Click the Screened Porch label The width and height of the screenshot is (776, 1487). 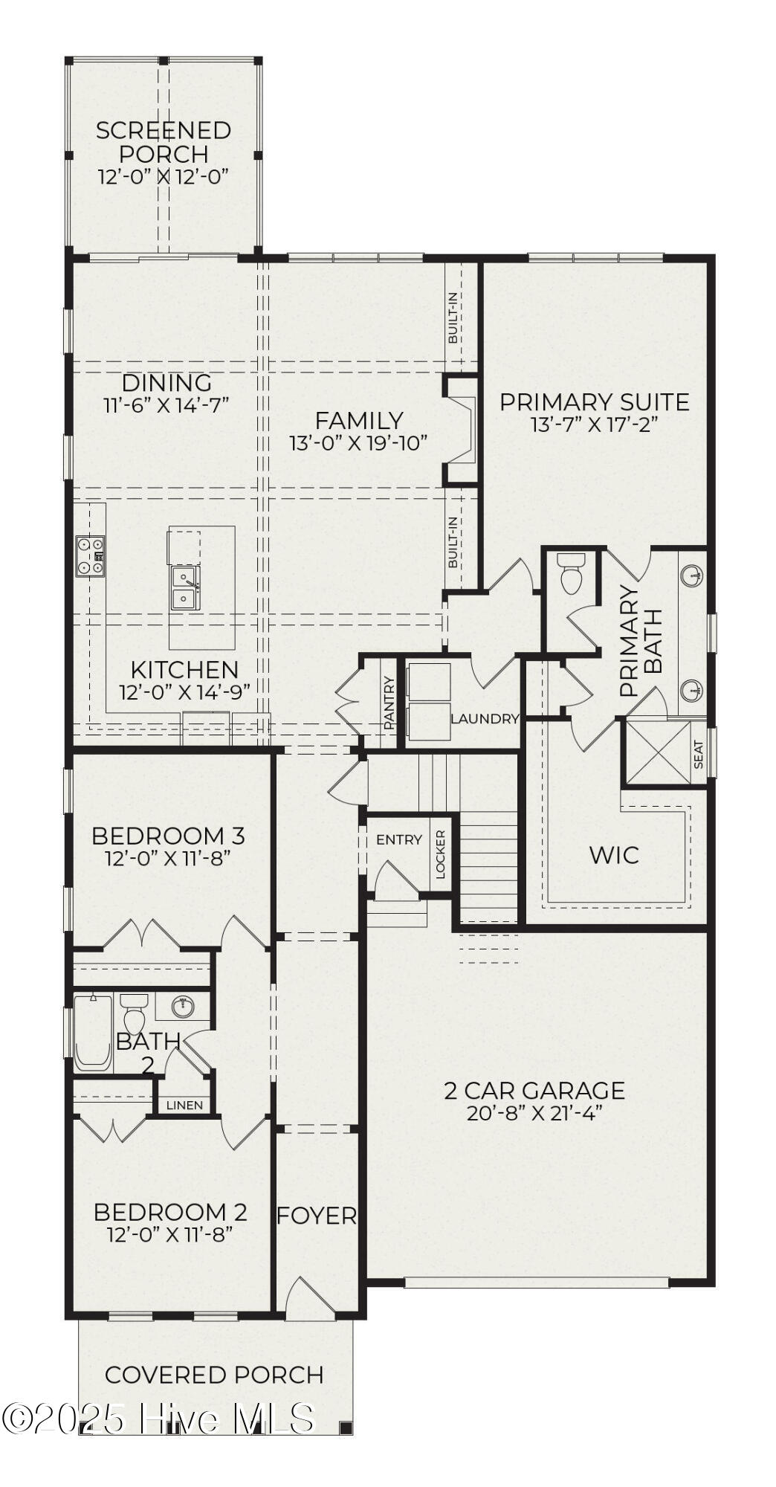164,142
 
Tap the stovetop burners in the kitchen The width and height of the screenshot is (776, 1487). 90,556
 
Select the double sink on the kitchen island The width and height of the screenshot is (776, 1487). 184,587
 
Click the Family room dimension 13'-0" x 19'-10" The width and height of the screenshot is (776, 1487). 358,443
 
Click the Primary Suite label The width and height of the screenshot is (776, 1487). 594,402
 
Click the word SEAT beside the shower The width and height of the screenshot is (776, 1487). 699,755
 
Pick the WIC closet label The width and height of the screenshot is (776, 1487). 614,855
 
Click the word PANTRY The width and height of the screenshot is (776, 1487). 389,702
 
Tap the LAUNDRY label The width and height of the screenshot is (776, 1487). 485,719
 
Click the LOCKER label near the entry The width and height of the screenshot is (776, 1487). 441,854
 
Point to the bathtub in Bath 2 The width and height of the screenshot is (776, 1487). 92,1033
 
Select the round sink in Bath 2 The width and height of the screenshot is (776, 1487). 183,1007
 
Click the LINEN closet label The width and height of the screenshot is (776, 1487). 184,1105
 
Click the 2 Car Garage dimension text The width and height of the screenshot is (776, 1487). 534,1113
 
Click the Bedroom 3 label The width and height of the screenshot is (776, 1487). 168,836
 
